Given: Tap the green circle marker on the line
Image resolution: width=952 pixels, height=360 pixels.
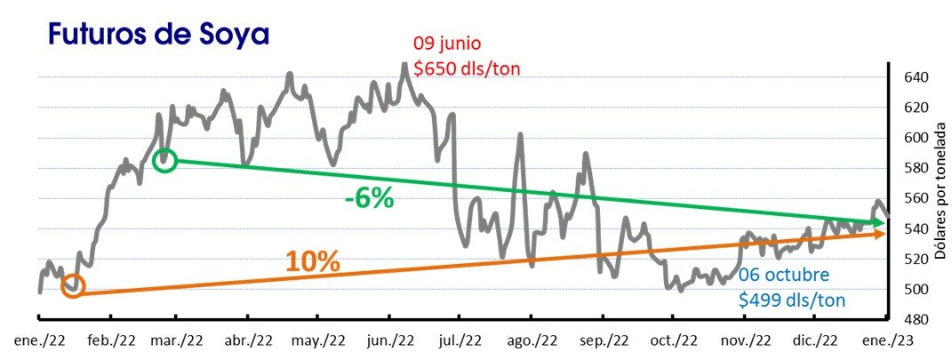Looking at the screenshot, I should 164,161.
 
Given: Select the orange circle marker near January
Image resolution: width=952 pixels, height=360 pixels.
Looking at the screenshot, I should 73,286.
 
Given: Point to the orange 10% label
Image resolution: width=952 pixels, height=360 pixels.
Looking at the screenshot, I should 312,261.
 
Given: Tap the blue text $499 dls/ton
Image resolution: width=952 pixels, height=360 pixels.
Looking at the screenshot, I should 792,300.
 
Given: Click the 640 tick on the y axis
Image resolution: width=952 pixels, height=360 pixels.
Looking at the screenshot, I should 916,77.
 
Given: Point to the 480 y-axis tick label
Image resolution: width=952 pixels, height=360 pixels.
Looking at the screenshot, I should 916,319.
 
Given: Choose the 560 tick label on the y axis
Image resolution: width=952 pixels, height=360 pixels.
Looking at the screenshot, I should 916,198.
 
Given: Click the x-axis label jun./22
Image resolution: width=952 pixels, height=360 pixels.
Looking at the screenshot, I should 391,340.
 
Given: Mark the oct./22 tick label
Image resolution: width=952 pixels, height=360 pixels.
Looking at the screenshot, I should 675,340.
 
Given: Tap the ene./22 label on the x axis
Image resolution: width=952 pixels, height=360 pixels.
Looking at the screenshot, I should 39,340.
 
